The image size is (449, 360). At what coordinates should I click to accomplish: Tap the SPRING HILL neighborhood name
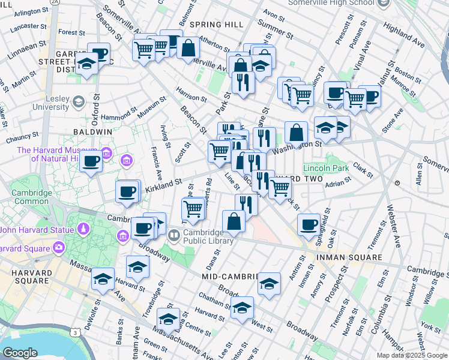[x=216, y=25]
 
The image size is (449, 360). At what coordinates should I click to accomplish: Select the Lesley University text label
[x=51, y=103]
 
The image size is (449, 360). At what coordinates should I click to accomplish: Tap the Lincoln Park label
[x=326, y=167]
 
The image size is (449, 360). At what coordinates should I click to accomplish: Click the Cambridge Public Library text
[x=208, y=236]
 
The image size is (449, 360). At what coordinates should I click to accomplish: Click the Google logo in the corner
[x=20, y=353]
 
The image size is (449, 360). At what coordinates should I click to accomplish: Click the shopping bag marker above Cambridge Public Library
[x=234, y=221]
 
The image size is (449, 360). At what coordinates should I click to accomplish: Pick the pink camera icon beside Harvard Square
[x=58, y=247]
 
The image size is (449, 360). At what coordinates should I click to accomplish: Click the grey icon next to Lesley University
[x=77, y=103]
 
